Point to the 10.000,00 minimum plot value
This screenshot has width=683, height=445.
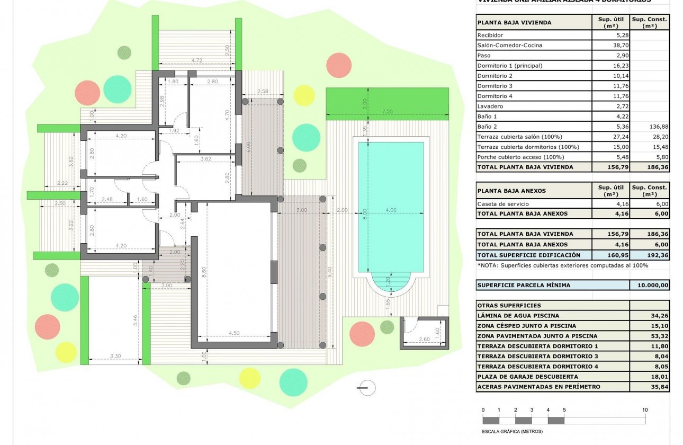(650, 285)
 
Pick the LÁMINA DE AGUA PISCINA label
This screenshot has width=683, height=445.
(510, 316)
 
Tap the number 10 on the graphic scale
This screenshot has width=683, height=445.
(645, 410)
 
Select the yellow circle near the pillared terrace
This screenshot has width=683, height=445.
(304, 95)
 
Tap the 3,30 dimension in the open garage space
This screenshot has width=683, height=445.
(115, 356)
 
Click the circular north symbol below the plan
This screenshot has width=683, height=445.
(366, 388)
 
